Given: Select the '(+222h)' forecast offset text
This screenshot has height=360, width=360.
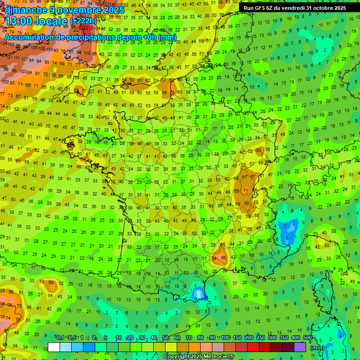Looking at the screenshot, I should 83,21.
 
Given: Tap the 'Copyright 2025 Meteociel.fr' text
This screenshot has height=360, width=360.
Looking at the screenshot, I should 199,357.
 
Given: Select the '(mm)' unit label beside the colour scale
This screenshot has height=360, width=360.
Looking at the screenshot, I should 317,347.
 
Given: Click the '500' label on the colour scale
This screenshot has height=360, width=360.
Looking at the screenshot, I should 307,338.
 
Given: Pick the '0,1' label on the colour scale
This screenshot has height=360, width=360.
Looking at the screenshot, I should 60,338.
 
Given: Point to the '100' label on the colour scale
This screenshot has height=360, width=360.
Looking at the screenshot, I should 225,338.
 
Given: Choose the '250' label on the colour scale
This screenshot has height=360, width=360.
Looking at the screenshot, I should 261,338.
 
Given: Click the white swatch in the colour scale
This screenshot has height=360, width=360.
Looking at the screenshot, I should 54,347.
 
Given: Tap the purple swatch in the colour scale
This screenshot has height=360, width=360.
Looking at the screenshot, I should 300,347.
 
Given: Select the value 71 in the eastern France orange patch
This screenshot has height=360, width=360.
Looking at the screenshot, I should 246,190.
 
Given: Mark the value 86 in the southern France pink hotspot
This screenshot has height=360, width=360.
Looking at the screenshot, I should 224,257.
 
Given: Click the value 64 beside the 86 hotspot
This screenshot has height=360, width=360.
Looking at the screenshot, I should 215,257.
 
